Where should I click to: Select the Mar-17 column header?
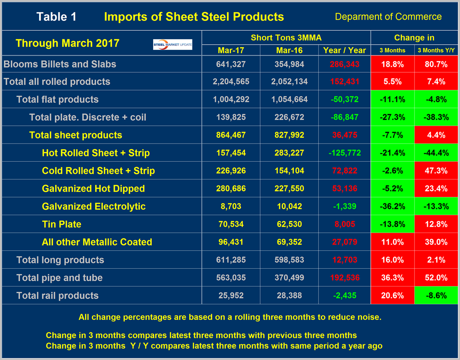click(230, 50)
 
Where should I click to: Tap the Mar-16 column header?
click(289, 50)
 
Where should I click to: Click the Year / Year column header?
click(345, 50)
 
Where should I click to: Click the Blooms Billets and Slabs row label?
click(60, 64)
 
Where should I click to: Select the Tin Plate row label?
click(61, 224)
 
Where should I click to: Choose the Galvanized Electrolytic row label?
click(94, 206)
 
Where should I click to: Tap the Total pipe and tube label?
click(59, 278)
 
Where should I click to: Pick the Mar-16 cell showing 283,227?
click(289, 153)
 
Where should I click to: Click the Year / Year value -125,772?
click(345, 153)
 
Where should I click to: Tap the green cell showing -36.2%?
click(392, 206)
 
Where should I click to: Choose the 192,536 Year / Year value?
click(345, 278)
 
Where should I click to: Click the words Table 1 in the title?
click(57, 17)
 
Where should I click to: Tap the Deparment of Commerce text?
click(388, 17)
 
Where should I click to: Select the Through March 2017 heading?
click(67, 43)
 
